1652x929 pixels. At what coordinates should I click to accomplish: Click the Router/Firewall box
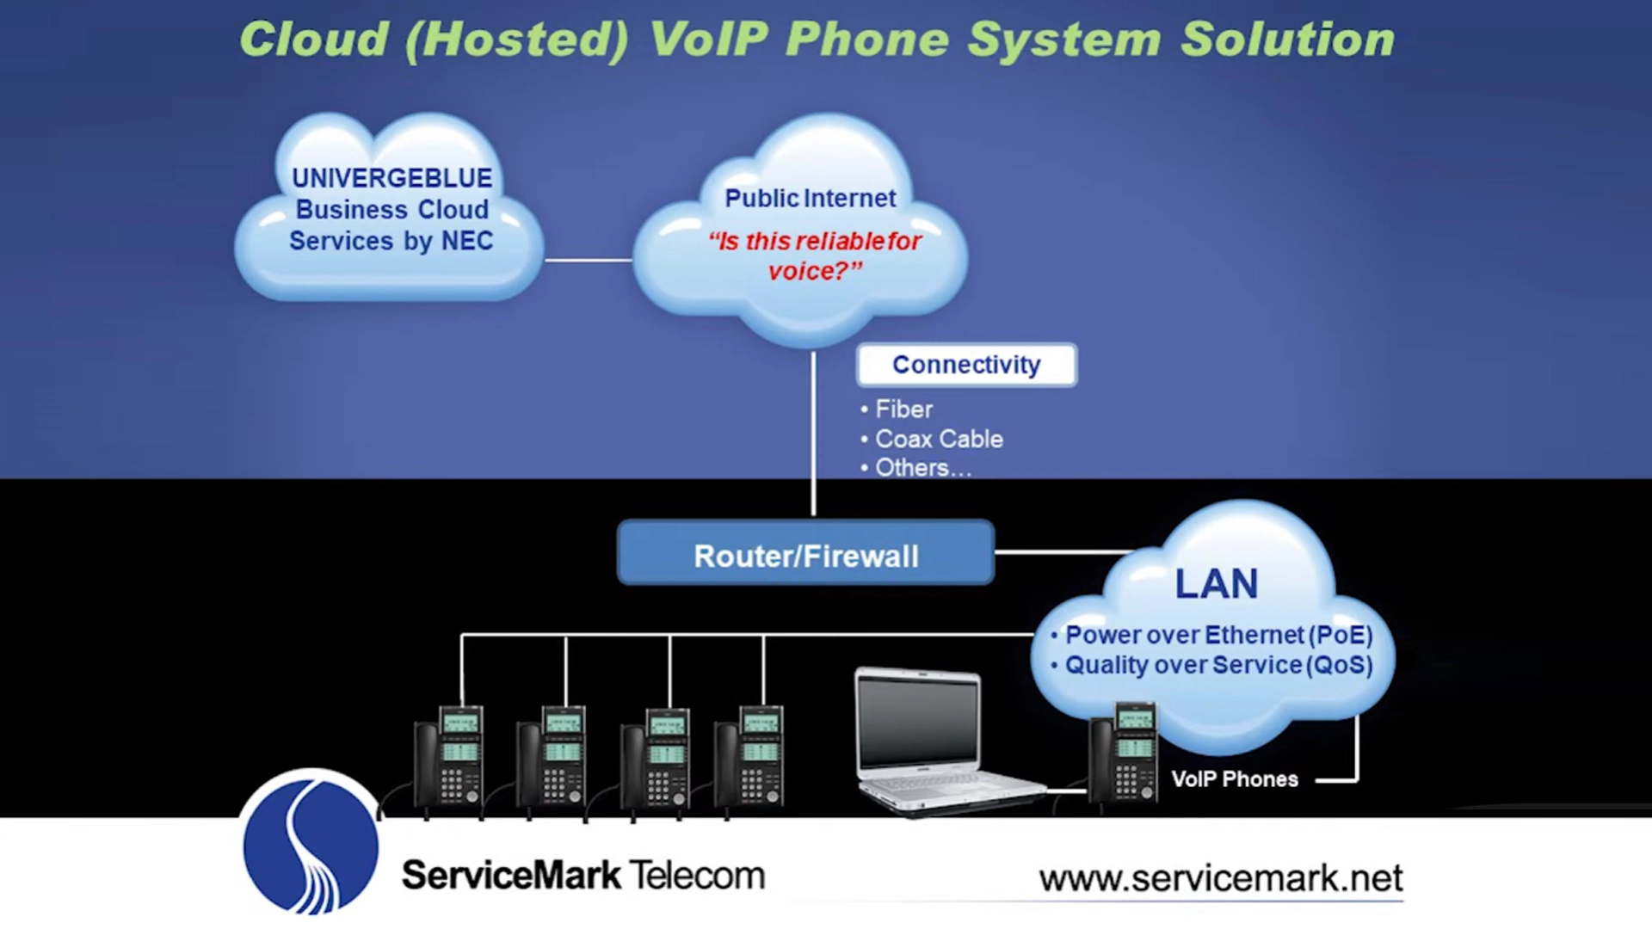tap(805, 555)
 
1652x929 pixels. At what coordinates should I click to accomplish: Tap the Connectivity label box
tap(965, 365)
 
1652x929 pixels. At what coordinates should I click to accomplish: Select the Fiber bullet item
tap(903, 409)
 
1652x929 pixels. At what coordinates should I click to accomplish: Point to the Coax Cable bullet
tap(938, 439)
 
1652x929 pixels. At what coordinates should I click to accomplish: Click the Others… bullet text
tap(922, 468)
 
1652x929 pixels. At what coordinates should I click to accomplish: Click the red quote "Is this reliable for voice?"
tap(814, 255)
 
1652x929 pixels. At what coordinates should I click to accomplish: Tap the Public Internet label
tap(810, 198)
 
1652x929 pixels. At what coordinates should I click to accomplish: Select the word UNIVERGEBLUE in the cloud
tap(391, 178)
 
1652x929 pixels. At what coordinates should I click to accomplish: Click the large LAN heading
tap(1216, 584)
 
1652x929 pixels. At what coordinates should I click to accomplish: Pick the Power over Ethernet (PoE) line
tap(1217, 635)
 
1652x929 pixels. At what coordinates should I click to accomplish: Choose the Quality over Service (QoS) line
tap(1217, 665)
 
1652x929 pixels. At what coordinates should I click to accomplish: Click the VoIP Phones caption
tap(1234, 779)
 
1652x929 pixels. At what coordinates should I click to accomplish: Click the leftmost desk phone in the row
tap(449, 757)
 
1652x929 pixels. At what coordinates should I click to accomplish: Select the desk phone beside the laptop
tap(1124, 753)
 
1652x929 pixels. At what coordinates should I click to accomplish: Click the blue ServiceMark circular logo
tap(310, 843)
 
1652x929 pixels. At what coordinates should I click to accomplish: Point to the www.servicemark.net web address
tap(1220, 878)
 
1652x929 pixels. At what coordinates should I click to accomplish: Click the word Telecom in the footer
tap(697, 876)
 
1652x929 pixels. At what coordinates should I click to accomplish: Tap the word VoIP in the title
tap(707, 40)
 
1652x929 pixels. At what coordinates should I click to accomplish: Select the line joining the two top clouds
tap(589, 260)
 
